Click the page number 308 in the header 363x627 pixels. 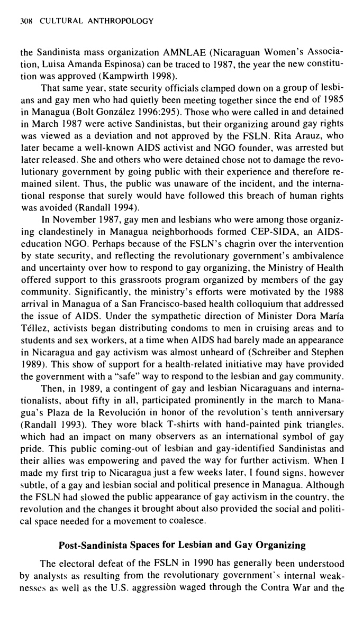tap(25, 21)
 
